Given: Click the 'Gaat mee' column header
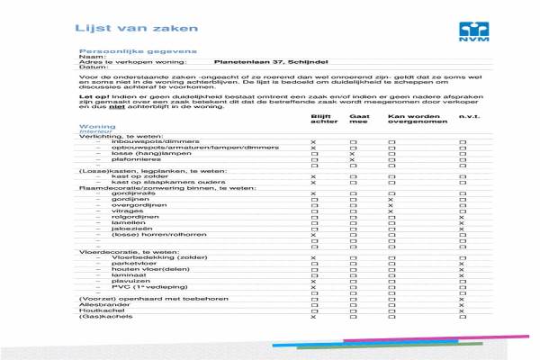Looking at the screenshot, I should pos(358,119).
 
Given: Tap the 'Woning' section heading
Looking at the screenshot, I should pos(97,126).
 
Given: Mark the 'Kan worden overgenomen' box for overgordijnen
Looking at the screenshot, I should pos(391,206).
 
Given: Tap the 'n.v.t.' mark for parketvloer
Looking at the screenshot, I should pos(462,264).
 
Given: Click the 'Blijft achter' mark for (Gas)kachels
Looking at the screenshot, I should pos(313,317).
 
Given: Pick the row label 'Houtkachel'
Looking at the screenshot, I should pos(96,310).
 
